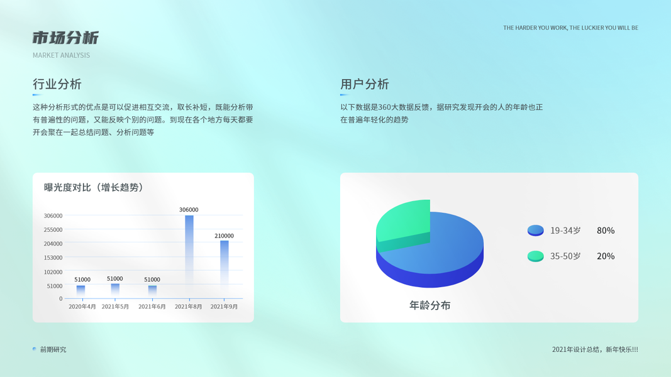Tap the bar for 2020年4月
point(80,292)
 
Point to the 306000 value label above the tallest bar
point(189,210)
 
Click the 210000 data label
point(225,236)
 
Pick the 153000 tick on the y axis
point(53,258)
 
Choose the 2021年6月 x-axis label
point(152,307)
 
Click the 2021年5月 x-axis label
point(115,307)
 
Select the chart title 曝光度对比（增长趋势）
point(94,187)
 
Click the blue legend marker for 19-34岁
point(535,231)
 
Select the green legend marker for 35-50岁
point(535,256)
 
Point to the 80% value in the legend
point(606,231)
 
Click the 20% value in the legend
point(606,256)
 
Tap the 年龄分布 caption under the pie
point(430,305)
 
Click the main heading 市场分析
point(65,38)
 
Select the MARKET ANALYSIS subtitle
point(61,55)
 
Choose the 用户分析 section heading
point(365,84)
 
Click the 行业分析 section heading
point(57,84)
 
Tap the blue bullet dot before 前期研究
point(34,349)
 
